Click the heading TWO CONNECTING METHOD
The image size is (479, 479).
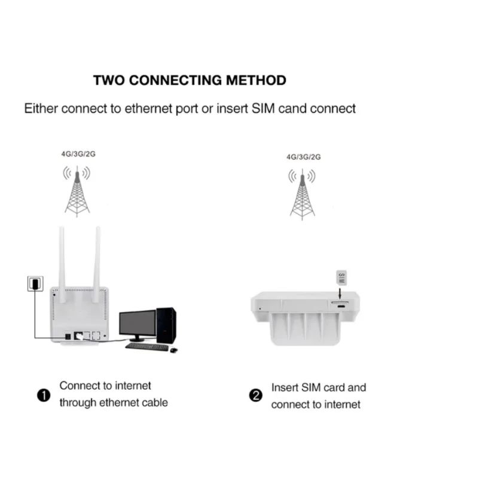[190, 80]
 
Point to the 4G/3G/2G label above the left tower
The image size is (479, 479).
[78, 154]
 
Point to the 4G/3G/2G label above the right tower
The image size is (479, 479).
[304, 157]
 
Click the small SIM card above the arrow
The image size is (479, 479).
[341, 277]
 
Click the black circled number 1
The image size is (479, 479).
[42, 395]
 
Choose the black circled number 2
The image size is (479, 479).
[255, 396]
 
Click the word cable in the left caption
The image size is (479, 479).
[152, 402]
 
